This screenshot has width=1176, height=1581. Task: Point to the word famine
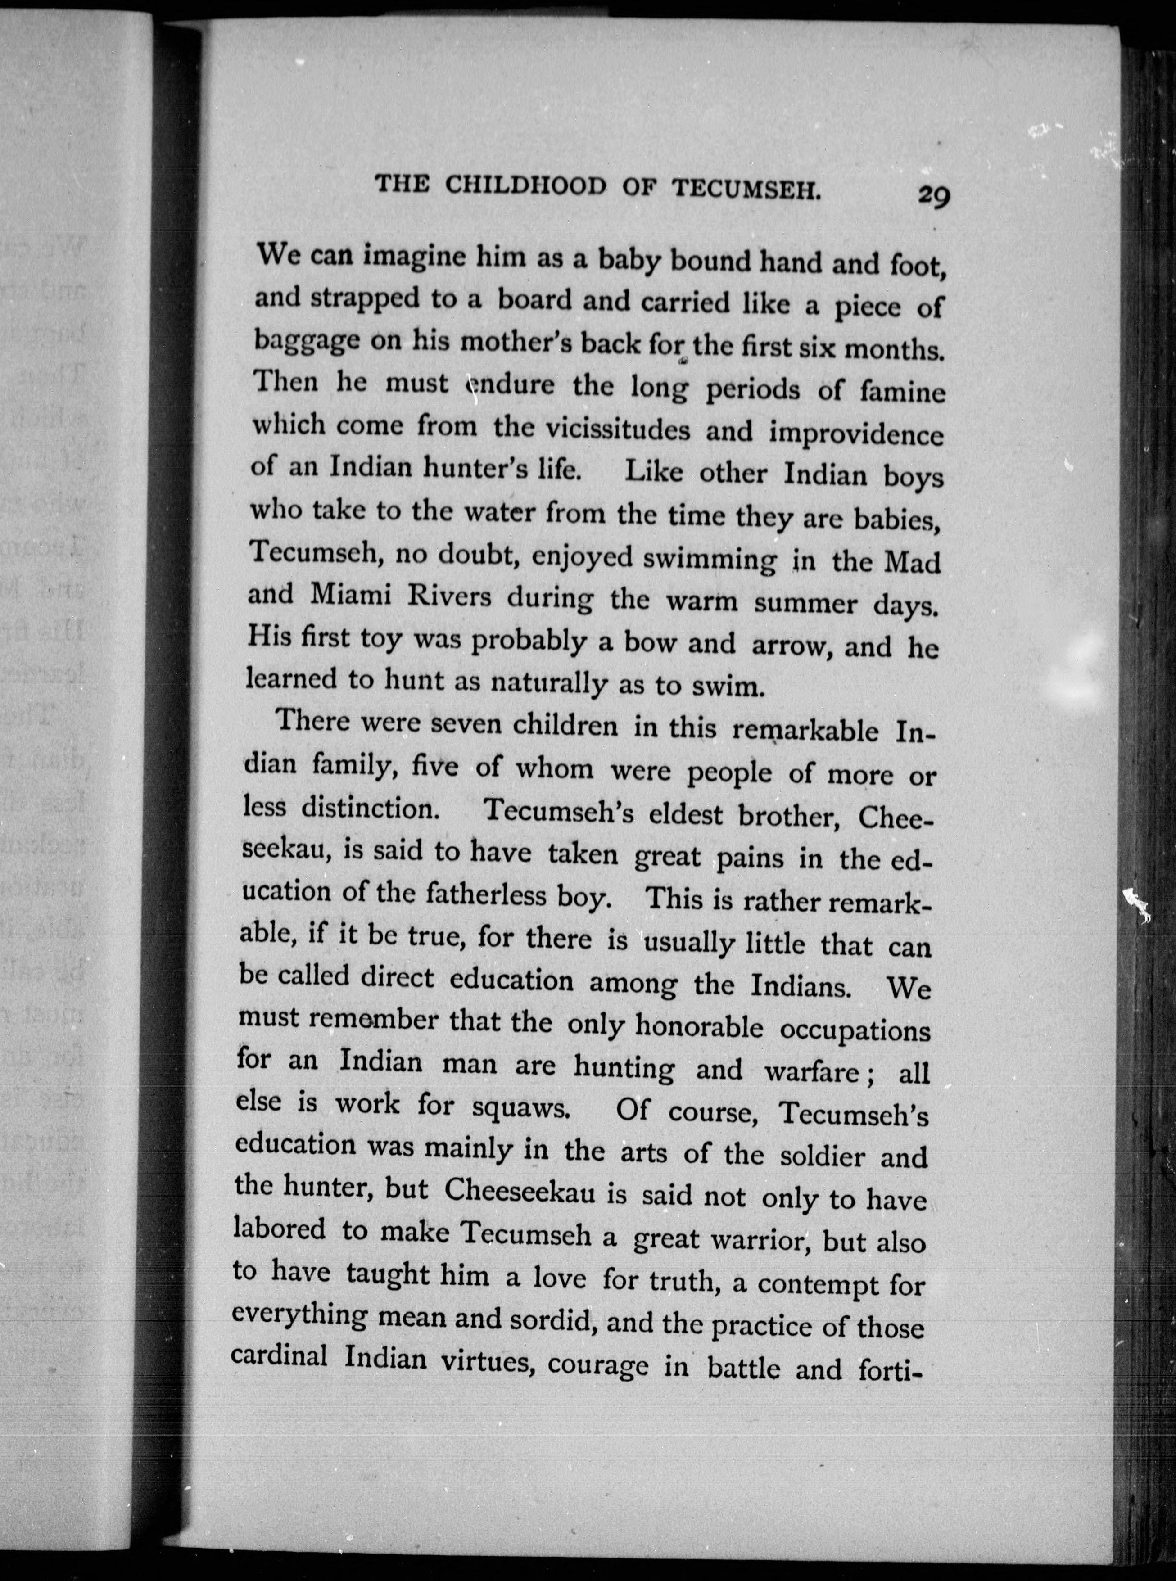coord(902,392)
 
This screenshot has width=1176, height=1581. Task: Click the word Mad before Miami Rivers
coord(912,562)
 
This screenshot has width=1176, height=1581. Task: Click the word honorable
coord(699,1027)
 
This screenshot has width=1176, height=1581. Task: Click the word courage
coord(598,1364)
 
